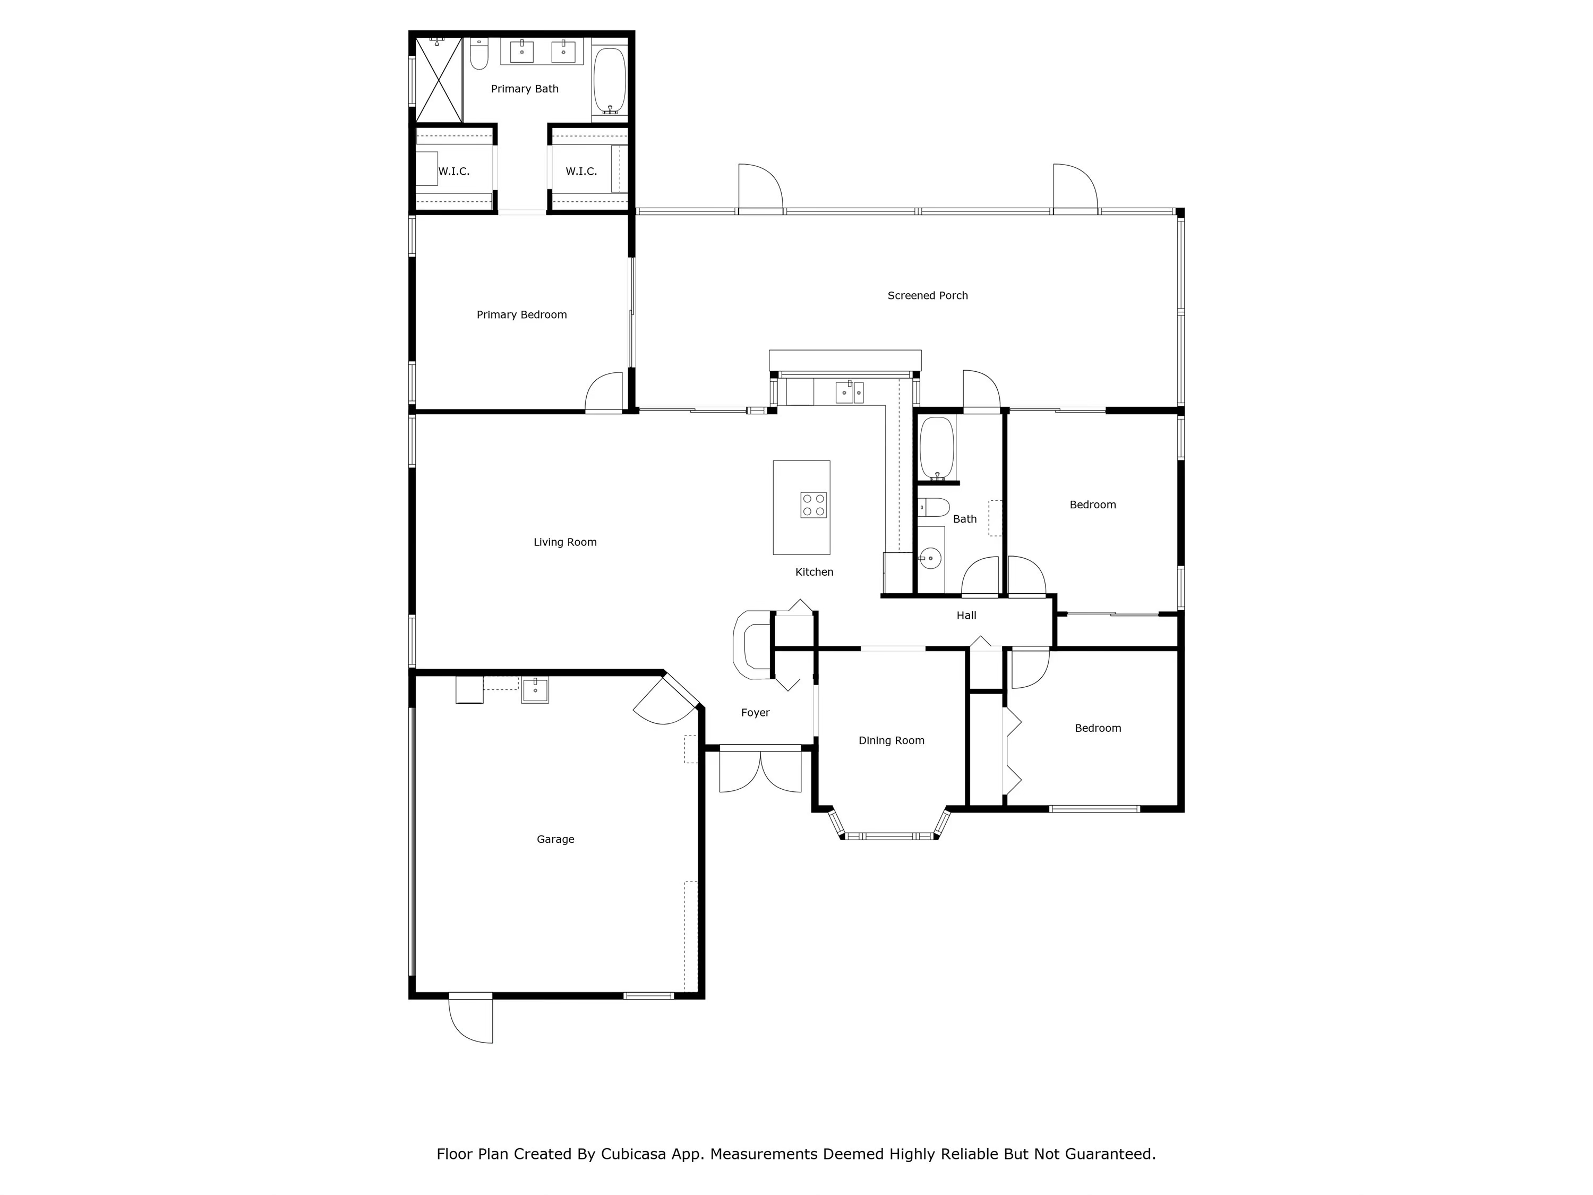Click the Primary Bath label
point(524,89)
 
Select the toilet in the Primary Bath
point(479,54)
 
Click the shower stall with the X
point(438,79)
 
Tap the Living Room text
point(564,542)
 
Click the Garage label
point(555,839)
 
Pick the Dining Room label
point(891,740)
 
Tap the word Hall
point(966,615)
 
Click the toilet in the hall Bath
point(934,508)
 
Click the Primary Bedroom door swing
point(604,394)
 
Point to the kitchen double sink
point(849,392)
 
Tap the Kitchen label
point(814,572)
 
